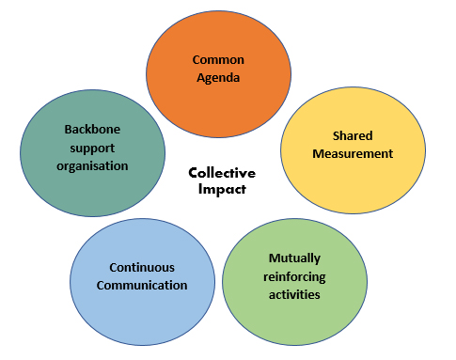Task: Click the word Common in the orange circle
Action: [x=212, y=59]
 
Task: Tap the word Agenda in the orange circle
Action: [x=212, y=78]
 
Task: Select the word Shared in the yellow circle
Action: [x=353, y=135]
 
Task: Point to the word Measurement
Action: [x=353, y=154]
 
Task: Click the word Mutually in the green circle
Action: [x=294, y=257]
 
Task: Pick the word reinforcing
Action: [x=294, y=275]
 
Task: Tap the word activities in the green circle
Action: [x=294, y=294]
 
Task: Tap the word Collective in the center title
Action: [x=221, y=173]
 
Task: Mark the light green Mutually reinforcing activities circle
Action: [x=294, y=315]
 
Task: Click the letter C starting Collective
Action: [x=193, y=173]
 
